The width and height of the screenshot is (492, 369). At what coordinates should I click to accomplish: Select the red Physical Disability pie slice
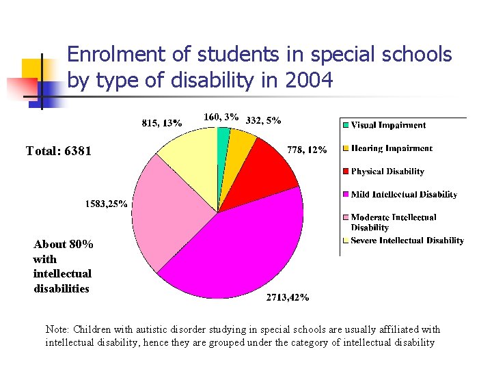point(264,175)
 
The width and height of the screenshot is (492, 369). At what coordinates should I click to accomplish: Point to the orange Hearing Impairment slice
point(239,147)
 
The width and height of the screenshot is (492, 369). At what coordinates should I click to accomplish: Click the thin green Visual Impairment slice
point(223,140)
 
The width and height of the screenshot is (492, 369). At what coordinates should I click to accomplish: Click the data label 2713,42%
point(287,297)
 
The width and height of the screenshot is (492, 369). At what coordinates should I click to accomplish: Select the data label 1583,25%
point(106,204)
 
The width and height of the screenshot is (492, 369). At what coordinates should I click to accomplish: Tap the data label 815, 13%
point(161,123)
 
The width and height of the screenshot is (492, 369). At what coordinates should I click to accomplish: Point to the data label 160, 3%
point(221,117)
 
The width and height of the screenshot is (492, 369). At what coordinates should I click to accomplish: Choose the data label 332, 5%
point(263,120)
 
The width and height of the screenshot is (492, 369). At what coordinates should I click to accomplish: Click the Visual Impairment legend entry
point(387,125)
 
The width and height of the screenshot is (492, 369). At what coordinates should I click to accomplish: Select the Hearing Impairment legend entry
point(391,148)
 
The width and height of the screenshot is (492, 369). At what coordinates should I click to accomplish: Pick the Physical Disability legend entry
point(387,172)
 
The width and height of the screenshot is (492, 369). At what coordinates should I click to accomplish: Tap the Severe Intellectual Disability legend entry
point(407,241)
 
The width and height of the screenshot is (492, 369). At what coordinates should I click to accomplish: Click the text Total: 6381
point(58,151)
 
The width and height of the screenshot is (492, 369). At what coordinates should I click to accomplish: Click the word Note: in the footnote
point(57,329)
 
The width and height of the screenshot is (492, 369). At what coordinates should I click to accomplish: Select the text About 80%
point(64,244)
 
